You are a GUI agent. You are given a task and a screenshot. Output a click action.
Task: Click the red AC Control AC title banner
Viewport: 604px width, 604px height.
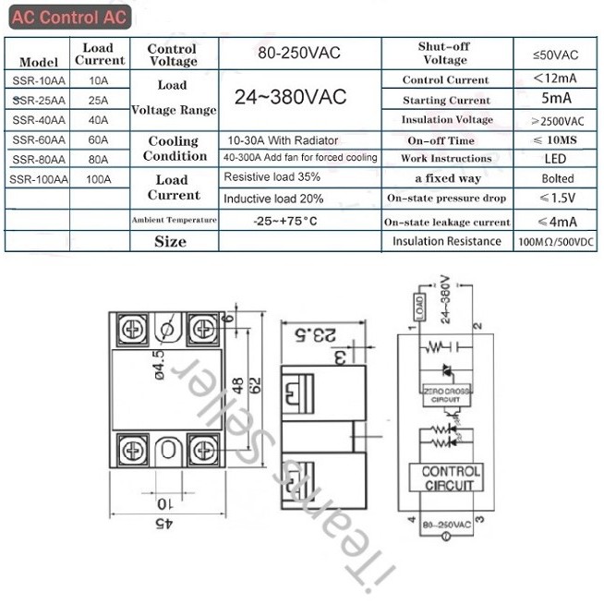point(67,18)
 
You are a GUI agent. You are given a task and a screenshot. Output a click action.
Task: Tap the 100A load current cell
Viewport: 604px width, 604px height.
point(98,179)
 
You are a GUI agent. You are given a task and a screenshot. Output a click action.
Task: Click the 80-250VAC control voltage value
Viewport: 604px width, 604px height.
point(298,53)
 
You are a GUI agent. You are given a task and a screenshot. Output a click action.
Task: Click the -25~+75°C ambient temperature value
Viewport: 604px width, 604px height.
point(284,221)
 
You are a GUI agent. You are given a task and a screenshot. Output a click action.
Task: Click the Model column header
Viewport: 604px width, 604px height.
point(39,62)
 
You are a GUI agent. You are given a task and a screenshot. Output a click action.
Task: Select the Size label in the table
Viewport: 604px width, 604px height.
point(171,241)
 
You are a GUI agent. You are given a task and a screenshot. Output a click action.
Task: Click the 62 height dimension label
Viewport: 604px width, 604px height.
point(256,391)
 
